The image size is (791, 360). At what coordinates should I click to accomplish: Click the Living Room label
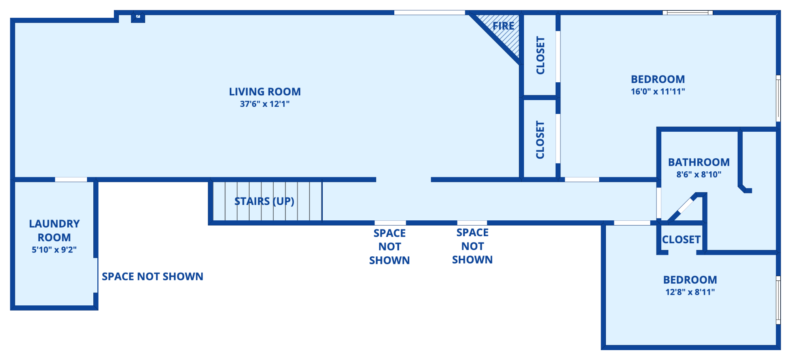pyautogui.click(x=265, y=92)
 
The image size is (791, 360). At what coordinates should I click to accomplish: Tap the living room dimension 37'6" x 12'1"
pyautogui.click(x=265, y=104)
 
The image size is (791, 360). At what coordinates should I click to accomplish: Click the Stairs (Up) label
pyautogui.click(x=264, y=201)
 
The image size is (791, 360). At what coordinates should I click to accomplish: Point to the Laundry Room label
pyautogui.click(x=54, y=231)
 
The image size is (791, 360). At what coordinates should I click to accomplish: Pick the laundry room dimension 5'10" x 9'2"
pyautogui.click(x=54, y=250)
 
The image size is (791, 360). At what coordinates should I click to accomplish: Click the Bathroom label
pyautogui.click(x=699, y=162)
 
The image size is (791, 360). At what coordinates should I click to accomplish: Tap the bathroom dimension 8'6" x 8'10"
pyautogui.click(x=699, y=174)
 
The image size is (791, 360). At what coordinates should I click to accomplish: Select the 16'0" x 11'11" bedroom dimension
pyautogui.click(x=658, y=91)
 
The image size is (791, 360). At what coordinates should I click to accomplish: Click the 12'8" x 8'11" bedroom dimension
pyautogui.click(x=690, y=292)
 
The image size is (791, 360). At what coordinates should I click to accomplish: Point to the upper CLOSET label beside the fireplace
pyautogui.click(x=540, y=55)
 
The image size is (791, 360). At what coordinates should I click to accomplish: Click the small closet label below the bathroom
pyautogui.click(x=681, y=240)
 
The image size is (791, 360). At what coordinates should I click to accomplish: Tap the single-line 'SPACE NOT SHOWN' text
pyautogui.click(x=153, y=277)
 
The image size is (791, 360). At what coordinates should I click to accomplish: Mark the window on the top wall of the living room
pyautogui.click(x=430, y=13)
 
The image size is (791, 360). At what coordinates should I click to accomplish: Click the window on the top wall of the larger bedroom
pyautogui.click(x=688, y=13)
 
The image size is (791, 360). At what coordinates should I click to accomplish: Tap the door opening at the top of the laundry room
pyautogui.click(x=71, y=180)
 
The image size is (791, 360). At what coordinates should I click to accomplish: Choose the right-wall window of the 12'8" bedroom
pyautogui.click(x=778, y=300)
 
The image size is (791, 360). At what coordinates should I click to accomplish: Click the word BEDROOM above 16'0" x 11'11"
pyautogui.click(x=658, y=80)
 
